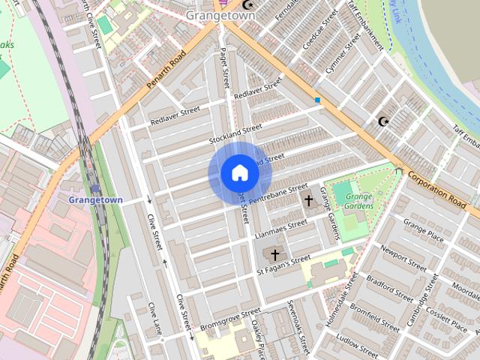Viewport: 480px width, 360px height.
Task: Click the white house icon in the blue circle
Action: point(239,173)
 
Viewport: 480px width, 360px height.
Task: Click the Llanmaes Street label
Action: point(281,228)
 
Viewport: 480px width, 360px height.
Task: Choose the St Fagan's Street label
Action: point(283,265)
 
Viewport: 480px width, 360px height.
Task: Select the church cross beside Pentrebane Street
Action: point(308,200)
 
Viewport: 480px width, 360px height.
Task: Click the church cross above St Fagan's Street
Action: point(275,255)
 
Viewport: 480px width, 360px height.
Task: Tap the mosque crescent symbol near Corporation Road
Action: point(384,121)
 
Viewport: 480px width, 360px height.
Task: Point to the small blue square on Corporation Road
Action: point(318,100)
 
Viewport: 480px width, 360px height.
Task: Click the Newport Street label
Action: point(403,257)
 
